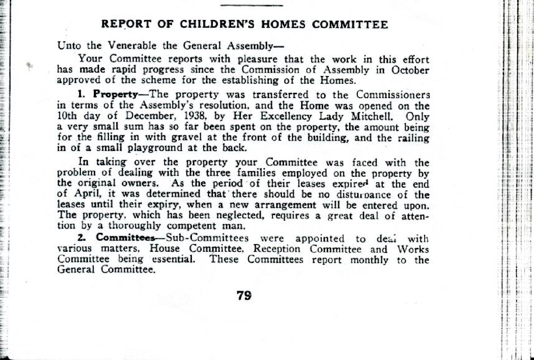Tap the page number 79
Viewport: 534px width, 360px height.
[x=244, y=296]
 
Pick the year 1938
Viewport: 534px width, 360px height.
[x=182, y=116]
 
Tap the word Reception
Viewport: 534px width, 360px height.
[x=277, y=249]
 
